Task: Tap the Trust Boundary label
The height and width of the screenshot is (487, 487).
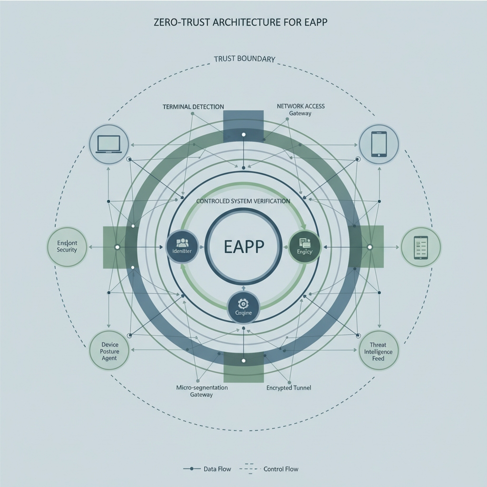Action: tap(244, 59)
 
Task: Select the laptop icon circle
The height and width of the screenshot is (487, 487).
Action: tap(109, 144)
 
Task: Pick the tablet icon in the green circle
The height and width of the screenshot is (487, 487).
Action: tap(421, 247)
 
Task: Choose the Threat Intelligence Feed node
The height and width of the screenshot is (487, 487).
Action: tap(378, 351)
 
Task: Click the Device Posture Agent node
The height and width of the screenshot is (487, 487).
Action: tap(109, 351)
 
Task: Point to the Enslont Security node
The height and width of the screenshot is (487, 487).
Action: tap(67, 246)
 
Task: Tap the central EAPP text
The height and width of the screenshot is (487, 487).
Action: tap(243, 247)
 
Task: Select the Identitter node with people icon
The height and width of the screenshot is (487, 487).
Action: tap(182, 247)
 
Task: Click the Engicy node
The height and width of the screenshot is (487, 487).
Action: tap(305, 247)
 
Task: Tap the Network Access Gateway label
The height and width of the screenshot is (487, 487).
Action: tap(301, 110)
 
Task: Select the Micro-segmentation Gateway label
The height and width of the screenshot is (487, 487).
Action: tap(202, 391)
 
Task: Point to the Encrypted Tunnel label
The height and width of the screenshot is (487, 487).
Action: tap(289, 388)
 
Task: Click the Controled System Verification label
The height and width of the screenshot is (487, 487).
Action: tap(243, 201)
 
